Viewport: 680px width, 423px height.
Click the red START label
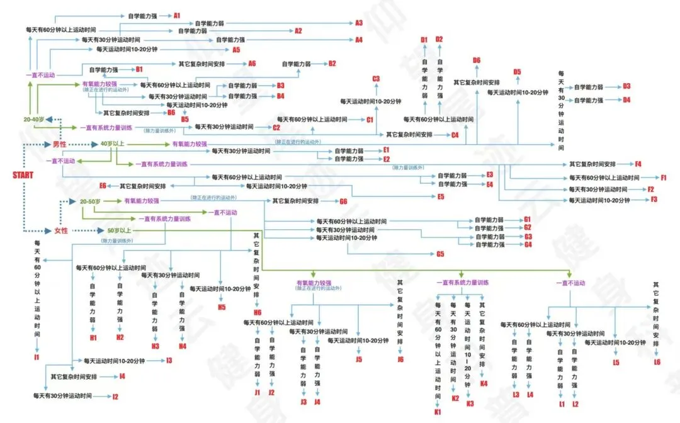pos(23,175)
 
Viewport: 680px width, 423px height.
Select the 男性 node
pos(59,144)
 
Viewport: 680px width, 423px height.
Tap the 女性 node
pos(60,230)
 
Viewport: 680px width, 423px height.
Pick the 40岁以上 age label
pos(112,144)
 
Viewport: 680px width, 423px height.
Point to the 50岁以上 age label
pos(118,230)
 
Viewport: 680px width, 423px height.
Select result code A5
pos(236,49)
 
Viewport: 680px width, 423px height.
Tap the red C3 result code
pos(376,79)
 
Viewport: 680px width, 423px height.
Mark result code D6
pos(477,60)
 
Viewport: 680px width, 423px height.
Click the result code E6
pos(103,186)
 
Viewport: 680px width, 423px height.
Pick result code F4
pos(638,164)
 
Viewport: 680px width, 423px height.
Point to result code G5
pos(440,254)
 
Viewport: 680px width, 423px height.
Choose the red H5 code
pos(222,307)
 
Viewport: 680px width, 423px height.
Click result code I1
pos(37,358)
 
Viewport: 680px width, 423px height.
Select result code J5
pos(359,359)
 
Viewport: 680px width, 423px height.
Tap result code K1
pos(438,412)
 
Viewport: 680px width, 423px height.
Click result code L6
pos(657,362)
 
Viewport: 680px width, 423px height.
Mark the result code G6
pos(343,201)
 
